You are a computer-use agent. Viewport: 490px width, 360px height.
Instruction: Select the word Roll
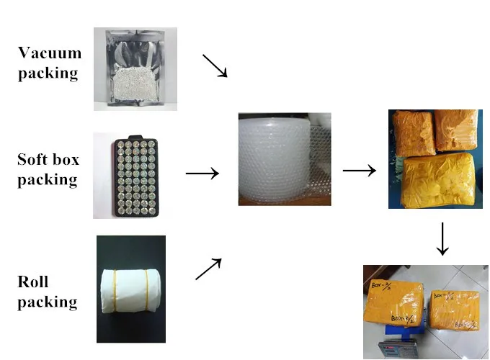(x=33, y=282)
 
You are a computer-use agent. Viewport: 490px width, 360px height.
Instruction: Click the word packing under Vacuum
(x=48, y=73)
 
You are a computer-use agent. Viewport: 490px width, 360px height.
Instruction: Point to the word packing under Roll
(x=47, y=301)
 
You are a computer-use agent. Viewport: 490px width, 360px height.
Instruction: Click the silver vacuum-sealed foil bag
(x=135, y=69)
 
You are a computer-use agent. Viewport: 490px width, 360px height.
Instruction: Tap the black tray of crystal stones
(x=135, y=176)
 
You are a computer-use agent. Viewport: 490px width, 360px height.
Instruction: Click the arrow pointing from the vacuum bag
(x=214, y=66)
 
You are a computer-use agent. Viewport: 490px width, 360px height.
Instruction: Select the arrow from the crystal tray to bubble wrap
(x=202, y=174)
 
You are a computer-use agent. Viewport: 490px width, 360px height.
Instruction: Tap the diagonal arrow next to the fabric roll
(x=208, y=269)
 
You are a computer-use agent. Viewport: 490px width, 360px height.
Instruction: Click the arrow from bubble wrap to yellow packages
(x=359, y=171)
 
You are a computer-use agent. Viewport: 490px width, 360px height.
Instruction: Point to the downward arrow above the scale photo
(x=442, y=238)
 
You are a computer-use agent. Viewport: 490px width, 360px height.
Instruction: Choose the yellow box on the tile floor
(x=454, y=310)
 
